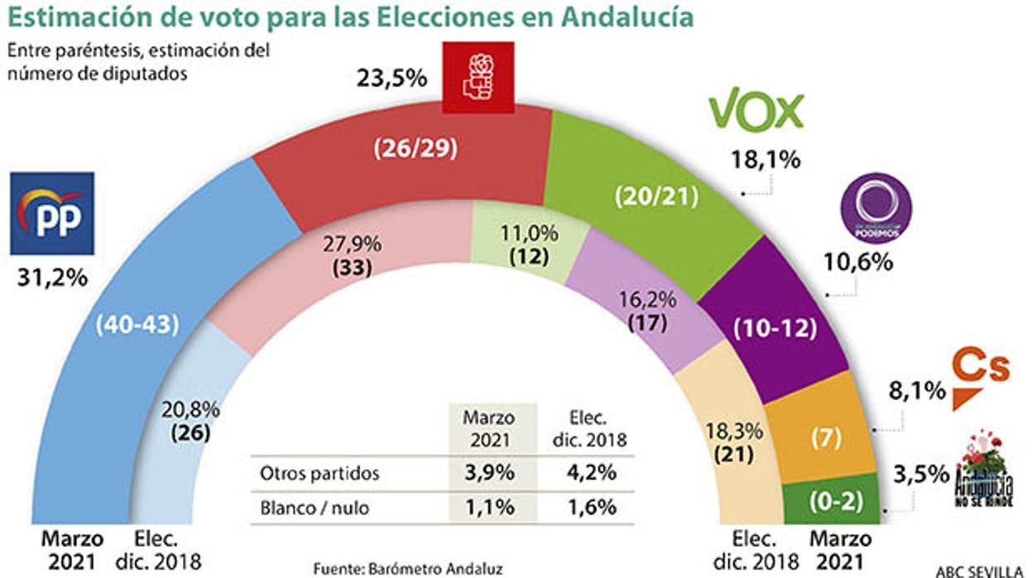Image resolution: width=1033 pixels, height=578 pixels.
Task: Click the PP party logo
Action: [x=51, y=214]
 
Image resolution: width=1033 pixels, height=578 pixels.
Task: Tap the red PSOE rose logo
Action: [x=478, y=77]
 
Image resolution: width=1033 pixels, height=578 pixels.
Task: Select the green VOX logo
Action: [x=756, y=111]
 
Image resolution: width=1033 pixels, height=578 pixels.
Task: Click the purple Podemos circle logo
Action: [x=875, y=209]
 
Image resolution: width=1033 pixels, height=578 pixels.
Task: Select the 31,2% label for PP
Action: [x=52, y=278]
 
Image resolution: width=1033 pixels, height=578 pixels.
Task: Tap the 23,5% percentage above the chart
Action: [x=392, y=79]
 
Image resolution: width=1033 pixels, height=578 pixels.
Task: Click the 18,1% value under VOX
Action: [x=766, y=159]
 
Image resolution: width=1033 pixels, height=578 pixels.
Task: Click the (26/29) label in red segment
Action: [x=416, y=148]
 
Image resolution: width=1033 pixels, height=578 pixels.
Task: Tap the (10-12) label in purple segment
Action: [x=775, y=328]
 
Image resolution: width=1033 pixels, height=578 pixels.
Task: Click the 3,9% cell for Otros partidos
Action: [x=491, y=474]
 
